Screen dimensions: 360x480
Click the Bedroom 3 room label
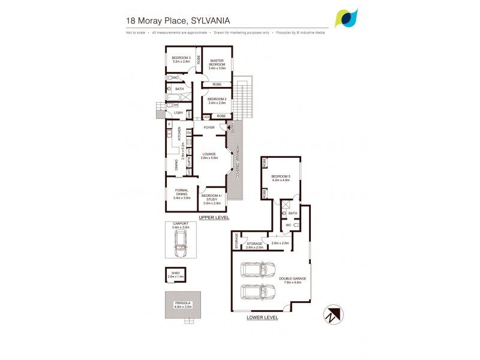point(181,59)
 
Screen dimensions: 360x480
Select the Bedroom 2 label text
point(217,101)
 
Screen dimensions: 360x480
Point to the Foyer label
point(209,127)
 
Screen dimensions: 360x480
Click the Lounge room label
point(209,155)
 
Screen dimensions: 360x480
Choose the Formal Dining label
point(181,196)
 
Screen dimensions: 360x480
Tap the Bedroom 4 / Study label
point(212,198)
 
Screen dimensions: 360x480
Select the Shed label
point(175,274)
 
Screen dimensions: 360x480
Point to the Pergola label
point(183,304)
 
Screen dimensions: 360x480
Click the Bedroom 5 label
point(281,177)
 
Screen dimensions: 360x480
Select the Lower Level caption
point(262,317)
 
